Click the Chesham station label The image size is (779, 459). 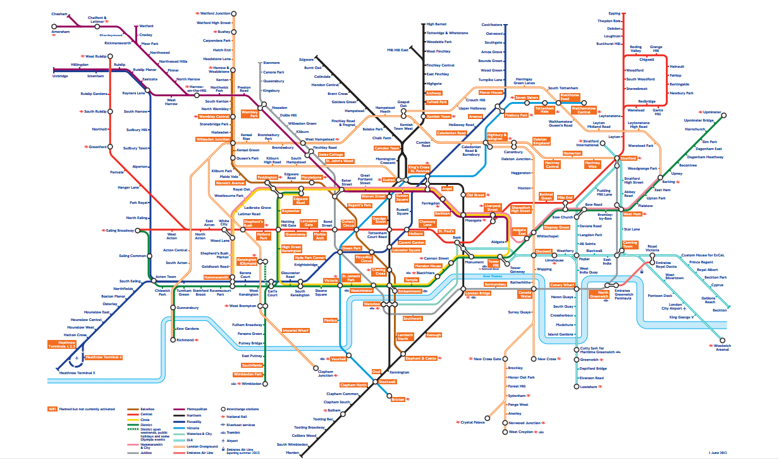coord(61,13)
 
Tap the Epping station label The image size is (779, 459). coord(614,13)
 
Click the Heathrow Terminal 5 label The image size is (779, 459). coord(77,373)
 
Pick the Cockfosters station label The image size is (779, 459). coord(492,25)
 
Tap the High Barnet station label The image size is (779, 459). coord(436,24)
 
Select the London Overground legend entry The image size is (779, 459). coord(197,446)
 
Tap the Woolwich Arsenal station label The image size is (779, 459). coord(722,348)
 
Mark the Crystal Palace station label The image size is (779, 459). coord(473,422)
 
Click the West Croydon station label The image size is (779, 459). coord(522,432)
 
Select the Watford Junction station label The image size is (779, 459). coord(215,13)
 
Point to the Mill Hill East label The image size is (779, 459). coord(399,49)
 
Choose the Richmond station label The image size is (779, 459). coord(185,340)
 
